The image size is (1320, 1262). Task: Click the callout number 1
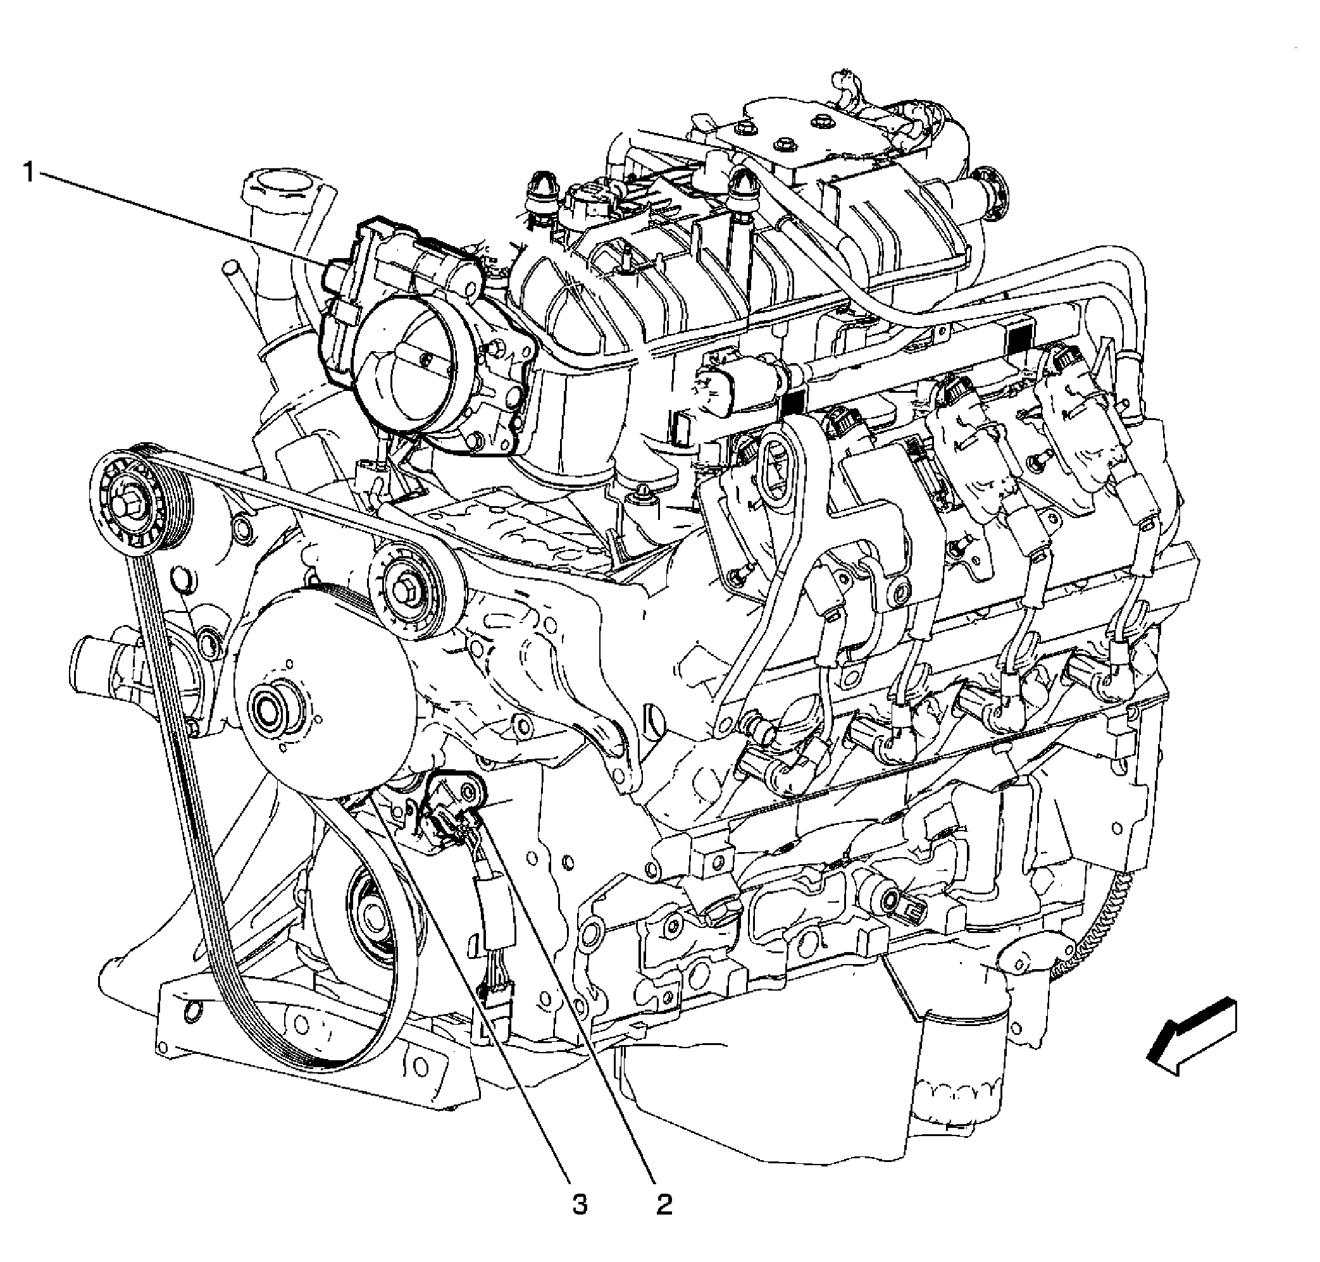coord(28,172)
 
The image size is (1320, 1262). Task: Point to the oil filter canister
coord(959,1063)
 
